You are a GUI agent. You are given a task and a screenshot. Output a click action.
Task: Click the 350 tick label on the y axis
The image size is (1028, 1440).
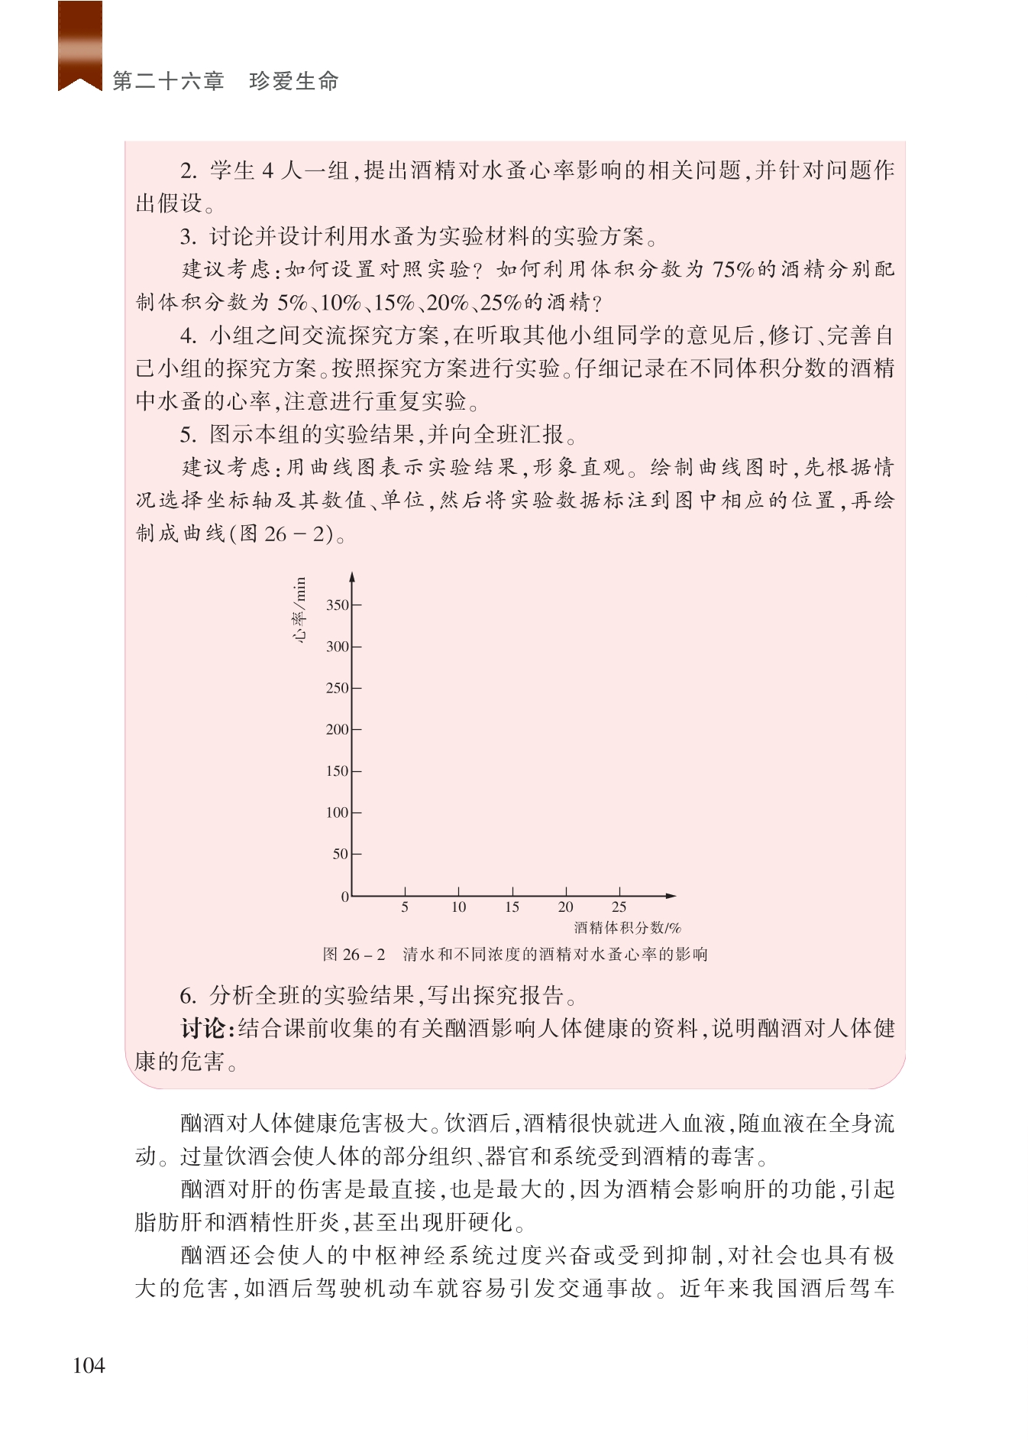coord(337,605)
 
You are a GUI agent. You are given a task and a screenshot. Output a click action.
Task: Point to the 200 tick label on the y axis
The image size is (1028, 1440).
coord(337,730)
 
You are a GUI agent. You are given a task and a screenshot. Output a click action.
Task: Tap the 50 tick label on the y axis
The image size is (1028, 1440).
coord(340,855)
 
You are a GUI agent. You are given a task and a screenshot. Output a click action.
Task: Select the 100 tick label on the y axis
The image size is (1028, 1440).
coord(337,813)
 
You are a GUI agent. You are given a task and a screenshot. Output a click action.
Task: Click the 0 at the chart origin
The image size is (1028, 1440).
coord(345,897)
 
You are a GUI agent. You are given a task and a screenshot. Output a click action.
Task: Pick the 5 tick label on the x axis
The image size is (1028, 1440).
coord(405,907)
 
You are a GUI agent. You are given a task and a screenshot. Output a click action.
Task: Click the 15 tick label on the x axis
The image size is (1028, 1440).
coord(512,907)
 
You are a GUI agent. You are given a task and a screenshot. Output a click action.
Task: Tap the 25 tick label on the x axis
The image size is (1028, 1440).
coord(619,907)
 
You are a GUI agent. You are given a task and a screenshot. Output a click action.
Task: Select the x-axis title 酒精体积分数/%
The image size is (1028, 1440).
coord(627,929)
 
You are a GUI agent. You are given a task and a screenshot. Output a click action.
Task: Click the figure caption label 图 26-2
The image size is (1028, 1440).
coord(354,955)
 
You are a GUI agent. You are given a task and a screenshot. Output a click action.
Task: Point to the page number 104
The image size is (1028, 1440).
coord(89,1366)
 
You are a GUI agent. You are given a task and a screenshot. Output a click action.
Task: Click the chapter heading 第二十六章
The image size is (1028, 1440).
coord(168,81)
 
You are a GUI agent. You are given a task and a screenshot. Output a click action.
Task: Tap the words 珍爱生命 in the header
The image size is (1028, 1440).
coord(294,81)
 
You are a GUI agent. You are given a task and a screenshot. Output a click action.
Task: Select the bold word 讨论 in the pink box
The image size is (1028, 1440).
coord(204,1029)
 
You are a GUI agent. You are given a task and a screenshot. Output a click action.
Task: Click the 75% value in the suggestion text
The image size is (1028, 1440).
coord(733,270)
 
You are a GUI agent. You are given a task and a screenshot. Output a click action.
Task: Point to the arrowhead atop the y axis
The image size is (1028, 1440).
coord(352,577)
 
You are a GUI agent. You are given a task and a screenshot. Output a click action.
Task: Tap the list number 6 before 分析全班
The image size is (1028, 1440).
coord(187,996)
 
